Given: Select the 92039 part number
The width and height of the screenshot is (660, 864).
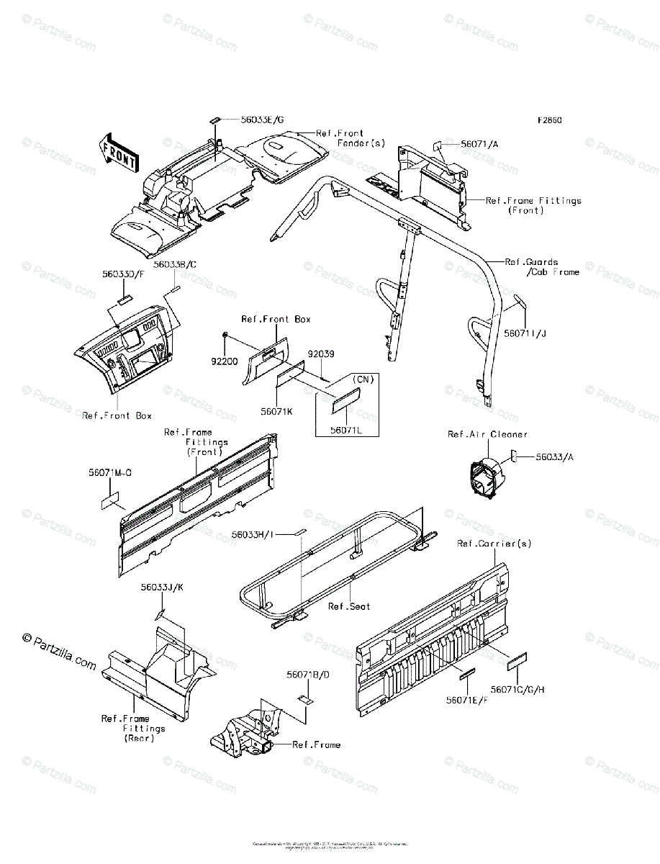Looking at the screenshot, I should click(320, 354).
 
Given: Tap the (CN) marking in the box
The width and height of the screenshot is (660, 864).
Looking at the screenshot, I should click(361, 379).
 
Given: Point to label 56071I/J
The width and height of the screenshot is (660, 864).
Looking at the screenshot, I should click(525, 333).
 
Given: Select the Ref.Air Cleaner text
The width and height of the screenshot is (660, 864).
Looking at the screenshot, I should click(487, 434).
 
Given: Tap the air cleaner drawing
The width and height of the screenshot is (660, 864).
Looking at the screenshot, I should click(484, 477).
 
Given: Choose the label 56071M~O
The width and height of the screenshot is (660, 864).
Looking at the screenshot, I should click(110, 473).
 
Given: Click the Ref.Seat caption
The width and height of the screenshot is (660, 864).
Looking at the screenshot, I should click(349, 606).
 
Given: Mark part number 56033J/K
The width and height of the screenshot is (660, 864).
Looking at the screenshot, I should click(162, 588).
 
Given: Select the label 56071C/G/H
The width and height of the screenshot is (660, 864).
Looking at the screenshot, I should click(518, 689).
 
